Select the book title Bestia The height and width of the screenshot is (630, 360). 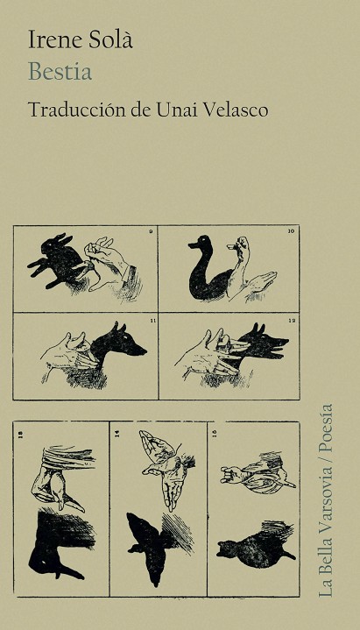click(60, 72)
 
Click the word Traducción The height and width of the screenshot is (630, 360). click(76, 110)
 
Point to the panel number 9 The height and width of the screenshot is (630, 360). click(151, 231)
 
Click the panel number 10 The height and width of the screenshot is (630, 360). click(292, 231)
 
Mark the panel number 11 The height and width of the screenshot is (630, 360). click(151, 320)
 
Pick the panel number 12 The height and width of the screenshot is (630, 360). click(292, 320)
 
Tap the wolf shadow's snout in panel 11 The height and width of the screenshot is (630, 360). click(138, 350)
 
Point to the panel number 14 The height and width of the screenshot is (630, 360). click(117, 434)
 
